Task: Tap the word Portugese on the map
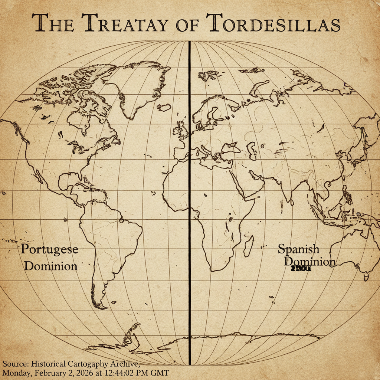pos(49,249)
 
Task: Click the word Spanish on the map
pos(298,249)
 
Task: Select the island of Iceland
pos(164,108)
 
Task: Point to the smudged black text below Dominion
pos(301,269)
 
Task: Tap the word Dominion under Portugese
pos(53,266)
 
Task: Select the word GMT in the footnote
pos(160,372)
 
